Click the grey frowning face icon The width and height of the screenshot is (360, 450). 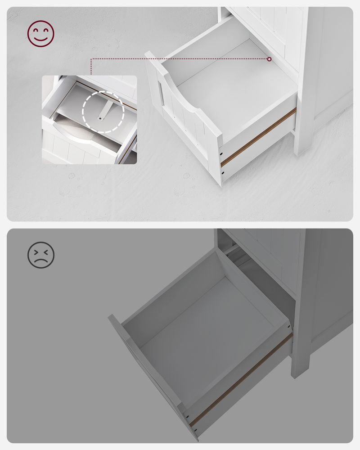click(x=41, y=255)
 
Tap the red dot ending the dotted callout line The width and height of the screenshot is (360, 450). click(x=269, y=59)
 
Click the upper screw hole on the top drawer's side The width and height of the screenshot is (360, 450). click(x=221, y=152)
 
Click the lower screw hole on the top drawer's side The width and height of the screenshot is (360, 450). click(x=221, y=171)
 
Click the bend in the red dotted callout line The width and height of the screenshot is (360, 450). click(x=92, y=59)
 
